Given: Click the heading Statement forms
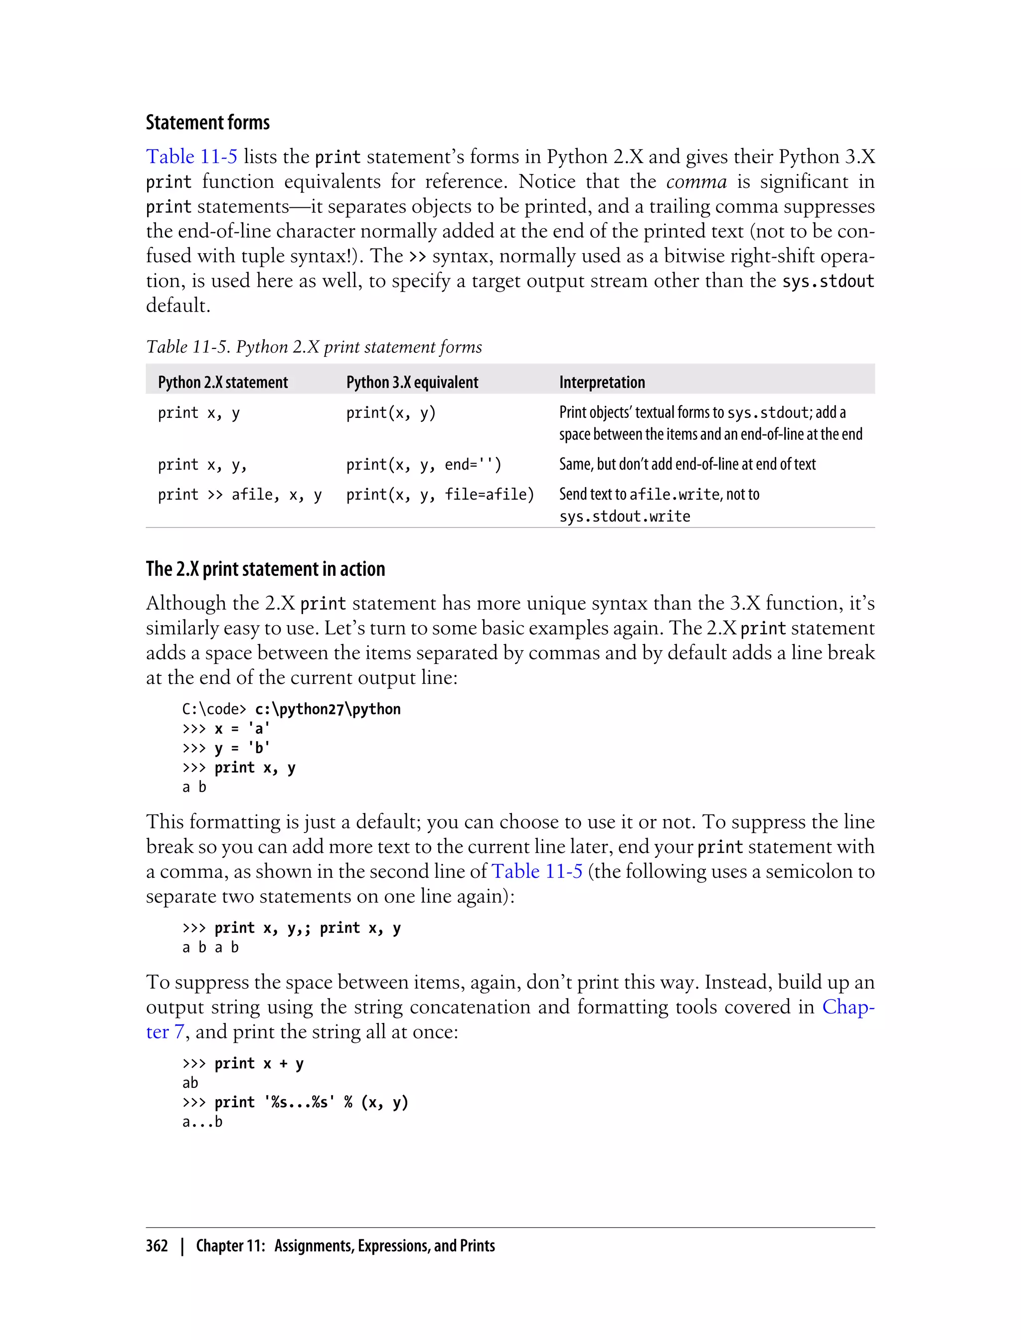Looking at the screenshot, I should (207, 123).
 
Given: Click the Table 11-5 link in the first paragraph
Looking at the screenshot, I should (191, 157).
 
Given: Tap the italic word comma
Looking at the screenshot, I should (696, 181).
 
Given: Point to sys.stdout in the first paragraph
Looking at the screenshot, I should (828, 281).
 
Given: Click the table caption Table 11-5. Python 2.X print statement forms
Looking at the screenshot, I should (314, 347).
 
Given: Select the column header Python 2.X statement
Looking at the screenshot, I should (222, 382).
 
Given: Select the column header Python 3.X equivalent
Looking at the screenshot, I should (412, 382).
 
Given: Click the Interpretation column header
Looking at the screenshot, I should (602, 382).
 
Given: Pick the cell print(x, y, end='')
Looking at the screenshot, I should (424, 465).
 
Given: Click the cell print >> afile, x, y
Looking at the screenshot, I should (239, 495).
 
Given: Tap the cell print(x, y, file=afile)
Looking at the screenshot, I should (439, 495).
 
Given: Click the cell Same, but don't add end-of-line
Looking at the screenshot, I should (687, 464).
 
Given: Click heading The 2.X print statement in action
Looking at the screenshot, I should (265, 569).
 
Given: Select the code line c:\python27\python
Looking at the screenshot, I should (328, 709).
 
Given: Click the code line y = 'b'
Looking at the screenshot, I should (242, 748).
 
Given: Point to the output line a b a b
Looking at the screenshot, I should (210, 947).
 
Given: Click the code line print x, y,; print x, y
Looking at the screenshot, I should (307, 928).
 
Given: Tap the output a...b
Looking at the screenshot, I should (202, 1122).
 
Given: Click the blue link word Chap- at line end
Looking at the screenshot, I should (848, 1007).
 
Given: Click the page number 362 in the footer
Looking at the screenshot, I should (157, 1246).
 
